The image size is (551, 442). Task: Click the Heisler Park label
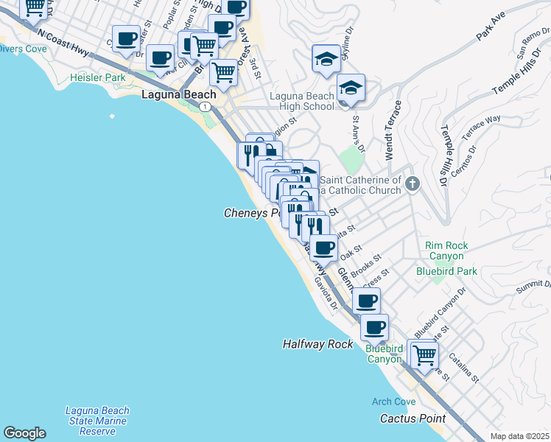tap(97, 77)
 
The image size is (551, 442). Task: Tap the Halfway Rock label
tap(318, 345)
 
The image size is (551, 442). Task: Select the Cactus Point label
tap(409, 418)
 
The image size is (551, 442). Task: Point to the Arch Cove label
tap(393, 401)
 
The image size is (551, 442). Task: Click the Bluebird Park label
tap(446, 271)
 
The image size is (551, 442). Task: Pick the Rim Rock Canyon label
tap(445, 250)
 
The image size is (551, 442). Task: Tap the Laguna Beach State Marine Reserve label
tap(96, 421)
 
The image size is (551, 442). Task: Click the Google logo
tap(24, 433)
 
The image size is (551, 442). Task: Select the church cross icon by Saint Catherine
tap(413, 183)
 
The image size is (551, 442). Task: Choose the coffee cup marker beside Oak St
tap(323, 248)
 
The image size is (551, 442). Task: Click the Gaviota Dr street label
tap(325, 293)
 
